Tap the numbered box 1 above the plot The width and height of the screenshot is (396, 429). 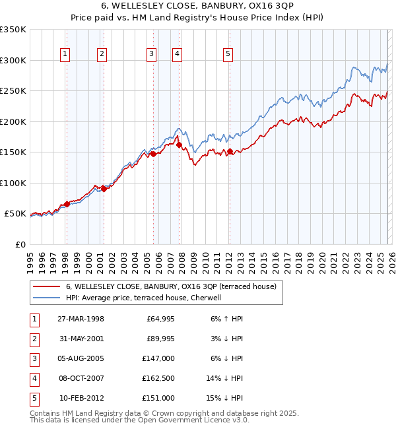click(66, 55)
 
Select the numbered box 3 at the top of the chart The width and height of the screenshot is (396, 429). click(152, 55)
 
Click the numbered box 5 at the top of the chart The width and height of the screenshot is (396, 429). click(228, 55)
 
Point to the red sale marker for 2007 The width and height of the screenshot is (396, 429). click(179, 144)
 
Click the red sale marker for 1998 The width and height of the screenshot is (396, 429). click(67, 204)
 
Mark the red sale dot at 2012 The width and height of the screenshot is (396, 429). click(230, 152)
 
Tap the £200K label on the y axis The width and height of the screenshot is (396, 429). click(13, 121)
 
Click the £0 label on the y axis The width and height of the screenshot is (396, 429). click(20, 244)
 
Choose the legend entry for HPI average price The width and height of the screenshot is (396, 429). click(147, 298)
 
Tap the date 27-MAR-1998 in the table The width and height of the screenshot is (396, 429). click(81, 319)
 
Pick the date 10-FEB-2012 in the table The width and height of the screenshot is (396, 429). click(81, 398)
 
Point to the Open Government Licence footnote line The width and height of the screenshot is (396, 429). click(139, 420)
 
